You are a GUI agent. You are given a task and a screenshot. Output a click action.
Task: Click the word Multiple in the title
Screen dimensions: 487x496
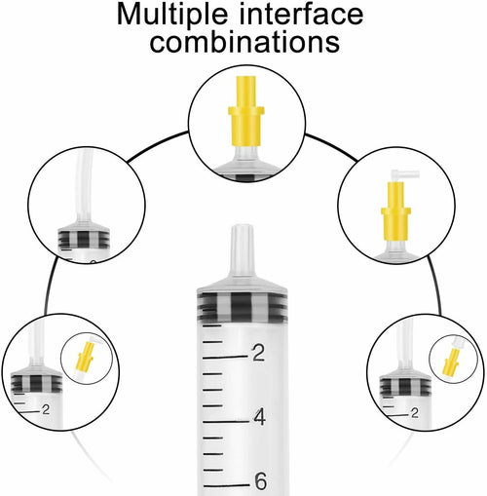click(x=172, y=15)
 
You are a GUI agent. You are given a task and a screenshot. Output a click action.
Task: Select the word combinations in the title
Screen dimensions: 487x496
click(x=244, y=42)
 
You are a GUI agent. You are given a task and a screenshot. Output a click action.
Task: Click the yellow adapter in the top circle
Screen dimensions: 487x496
click(x=246, y=111)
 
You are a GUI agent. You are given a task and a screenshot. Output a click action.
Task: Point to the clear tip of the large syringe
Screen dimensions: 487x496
click(x=242, y=250)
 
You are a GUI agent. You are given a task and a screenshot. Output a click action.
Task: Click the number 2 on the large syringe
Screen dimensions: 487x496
click(x=258, y=353)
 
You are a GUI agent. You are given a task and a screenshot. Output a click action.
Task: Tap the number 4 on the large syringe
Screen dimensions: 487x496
click(x=260, y=417)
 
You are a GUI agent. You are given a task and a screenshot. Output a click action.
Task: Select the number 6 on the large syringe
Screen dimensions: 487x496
click(x=261, y=481)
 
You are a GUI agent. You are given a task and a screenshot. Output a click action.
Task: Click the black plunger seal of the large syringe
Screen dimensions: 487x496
click(x=243, y=307)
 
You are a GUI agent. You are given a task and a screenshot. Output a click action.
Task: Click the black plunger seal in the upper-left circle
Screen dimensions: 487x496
click(x=84, y=239)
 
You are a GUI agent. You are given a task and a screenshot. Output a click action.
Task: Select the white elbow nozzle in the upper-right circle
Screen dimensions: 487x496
click(x=405, y=175)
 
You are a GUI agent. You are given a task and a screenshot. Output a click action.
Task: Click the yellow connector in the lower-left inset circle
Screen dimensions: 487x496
click(x=85, y=357)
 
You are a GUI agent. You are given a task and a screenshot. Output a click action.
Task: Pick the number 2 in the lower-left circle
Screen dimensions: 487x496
click(x=46, y=409)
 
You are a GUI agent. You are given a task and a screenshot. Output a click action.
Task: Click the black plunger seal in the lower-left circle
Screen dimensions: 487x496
click(x=36, y=383)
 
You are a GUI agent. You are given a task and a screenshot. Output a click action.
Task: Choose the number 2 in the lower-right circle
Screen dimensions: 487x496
click(x=415, y=413)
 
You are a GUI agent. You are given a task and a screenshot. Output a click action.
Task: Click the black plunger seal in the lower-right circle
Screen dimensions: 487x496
click(x=405, y=387)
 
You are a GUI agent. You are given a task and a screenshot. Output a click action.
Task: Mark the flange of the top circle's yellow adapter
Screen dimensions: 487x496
click(x=246, y=111)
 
